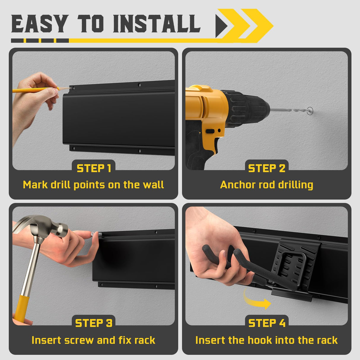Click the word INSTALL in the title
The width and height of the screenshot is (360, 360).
point(157,23)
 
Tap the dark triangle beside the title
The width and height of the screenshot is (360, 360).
point(222,26)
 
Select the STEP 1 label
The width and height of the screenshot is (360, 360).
point(94,168)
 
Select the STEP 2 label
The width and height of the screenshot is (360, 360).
point(267,168)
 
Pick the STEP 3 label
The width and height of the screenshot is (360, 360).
point(94,323)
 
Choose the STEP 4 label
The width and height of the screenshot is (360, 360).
point(267,323)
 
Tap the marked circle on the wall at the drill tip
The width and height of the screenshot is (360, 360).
point(310,110)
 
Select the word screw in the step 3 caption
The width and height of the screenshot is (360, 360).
point(79,340)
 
